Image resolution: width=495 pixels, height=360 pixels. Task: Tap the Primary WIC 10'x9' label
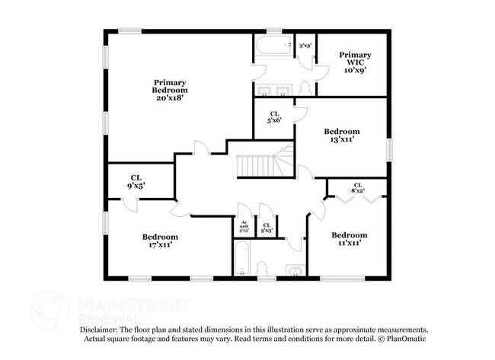coord(355,62)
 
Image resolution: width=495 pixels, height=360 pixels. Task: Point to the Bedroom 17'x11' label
coord(160,241)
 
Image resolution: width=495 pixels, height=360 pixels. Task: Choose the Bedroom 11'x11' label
coord(350,239)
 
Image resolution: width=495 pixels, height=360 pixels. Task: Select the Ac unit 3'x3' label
coord(244,226)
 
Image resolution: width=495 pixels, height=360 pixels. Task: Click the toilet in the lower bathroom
coord(261,268)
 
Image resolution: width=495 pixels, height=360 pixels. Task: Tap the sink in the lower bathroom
coord(293,269)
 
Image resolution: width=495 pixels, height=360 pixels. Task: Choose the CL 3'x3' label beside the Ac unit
coord(267,226)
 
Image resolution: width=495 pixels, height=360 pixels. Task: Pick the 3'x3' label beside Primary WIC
coord(305,46)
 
